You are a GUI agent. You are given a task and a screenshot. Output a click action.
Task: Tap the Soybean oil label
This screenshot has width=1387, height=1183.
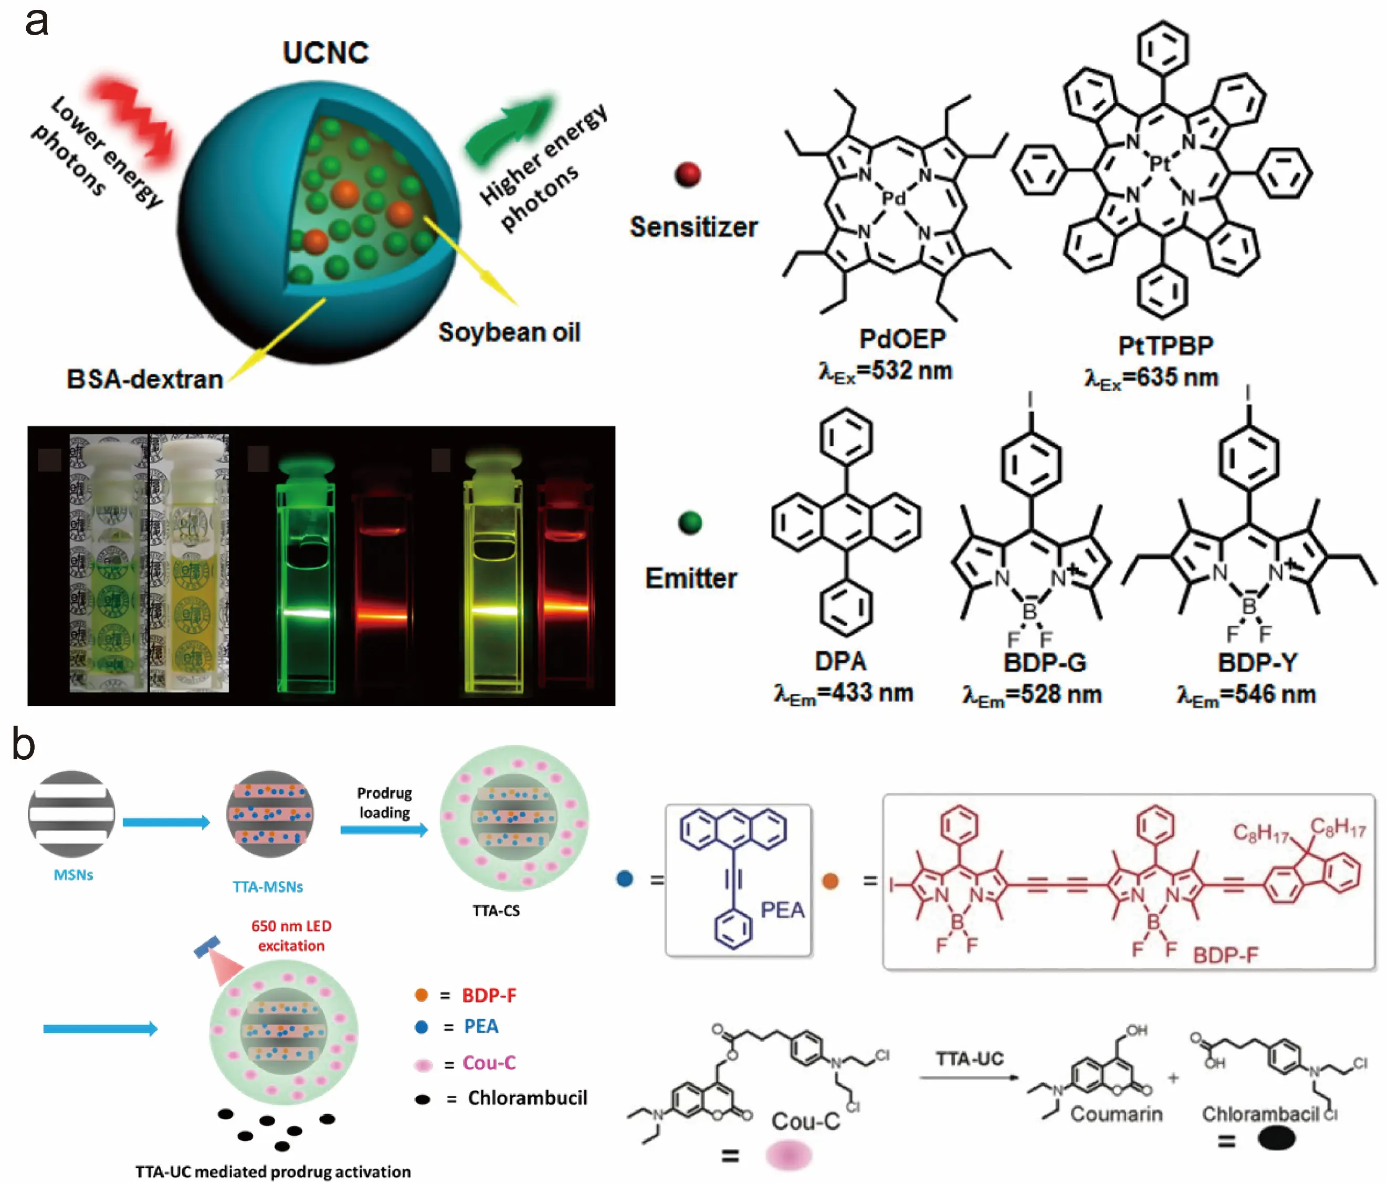(509, 332)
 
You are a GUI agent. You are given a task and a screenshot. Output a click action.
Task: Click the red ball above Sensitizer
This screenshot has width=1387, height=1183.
(688, 175)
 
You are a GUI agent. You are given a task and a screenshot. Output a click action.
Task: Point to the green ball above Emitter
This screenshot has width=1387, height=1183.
(689, 523)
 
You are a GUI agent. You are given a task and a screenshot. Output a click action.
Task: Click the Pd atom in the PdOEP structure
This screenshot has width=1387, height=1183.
(893, 198)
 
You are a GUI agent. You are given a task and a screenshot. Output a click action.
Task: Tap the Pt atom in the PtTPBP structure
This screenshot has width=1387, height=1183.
(1160, 163)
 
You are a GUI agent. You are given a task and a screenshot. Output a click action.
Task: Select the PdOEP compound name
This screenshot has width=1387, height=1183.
(902, 339)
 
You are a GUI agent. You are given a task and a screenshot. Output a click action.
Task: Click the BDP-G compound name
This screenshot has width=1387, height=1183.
(1044, 663)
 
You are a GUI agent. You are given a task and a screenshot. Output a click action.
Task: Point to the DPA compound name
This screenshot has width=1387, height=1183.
(841, 662)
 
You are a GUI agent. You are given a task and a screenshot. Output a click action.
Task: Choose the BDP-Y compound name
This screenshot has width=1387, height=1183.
(1257, 663)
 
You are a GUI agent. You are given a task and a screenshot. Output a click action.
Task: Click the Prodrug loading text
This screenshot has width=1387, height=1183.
(384, 803)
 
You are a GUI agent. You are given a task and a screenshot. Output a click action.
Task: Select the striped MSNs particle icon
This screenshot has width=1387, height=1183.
(71, 814)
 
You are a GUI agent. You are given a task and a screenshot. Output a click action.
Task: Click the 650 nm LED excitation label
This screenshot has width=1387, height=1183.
(291, 935)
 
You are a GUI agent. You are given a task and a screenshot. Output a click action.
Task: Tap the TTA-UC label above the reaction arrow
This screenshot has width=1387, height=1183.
(969, 1059)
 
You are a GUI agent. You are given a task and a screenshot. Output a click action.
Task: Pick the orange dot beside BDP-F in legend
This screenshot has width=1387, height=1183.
(421, 995)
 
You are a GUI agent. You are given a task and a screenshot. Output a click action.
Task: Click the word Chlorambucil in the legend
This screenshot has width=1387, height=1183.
(528, 1098)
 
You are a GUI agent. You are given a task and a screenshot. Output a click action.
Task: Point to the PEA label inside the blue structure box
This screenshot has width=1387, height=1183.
(782, 910)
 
